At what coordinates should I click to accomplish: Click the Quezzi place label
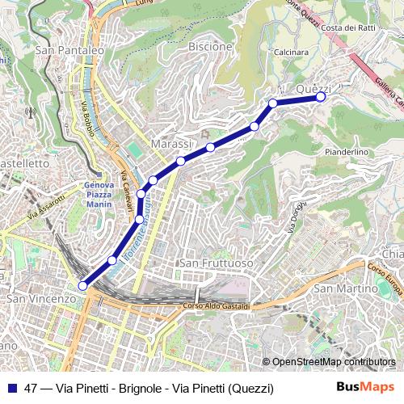pos(315,88)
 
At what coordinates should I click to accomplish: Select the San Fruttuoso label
pos(216,264)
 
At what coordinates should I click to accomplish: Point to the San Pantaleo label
pos(69,50)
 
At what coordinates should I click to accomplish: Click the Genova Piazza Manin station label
pos(99,193)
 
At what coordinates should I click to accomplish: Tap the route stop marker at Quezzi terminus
pos(321,97)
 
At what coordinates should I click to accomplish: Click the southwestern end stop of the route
pos(82,285)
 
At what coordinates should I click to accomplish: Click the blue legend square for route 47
pos(12,388)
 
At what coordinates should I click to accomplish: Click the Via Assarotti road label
pos(46,208)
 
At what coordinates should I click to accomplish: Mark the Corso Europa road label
pos(385,279)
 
